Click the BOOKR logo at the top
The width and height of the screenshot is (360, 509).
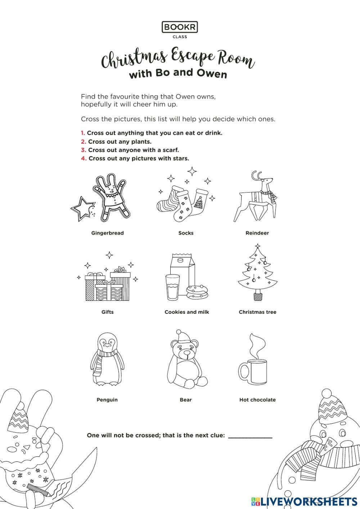click(180, 27)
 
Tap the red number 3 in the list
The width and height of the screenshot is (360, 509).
click(83, 150)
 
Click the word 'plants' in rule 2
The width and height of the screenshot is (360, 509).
click(140, 142)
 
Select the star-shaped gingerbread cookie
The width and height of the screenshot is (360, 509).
click(82, 209)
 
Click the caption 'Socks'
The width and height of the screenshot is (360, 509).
click(186, 233)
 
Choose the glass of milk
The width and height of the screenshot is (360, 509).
click(172, 287)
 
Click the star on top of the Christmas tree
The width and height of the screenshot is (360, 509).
click(257, 247)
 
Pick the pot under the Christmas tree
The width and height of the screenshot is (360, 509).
click(257, 296)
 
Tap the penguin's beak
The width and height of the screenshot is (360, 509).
click(107, 345)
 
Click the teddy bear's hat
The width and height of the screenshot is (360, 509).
click(182, 336)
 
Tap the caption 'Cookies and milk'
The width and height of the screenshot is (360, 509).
click(186, 312)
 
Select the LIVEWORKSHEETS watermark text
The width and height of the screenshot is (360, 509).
click(309, 501)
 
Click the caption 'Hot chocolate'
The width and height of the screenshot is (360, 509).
click(257, 400)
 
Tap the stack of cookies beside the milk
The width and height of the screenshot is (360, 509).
click(197, 291)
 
